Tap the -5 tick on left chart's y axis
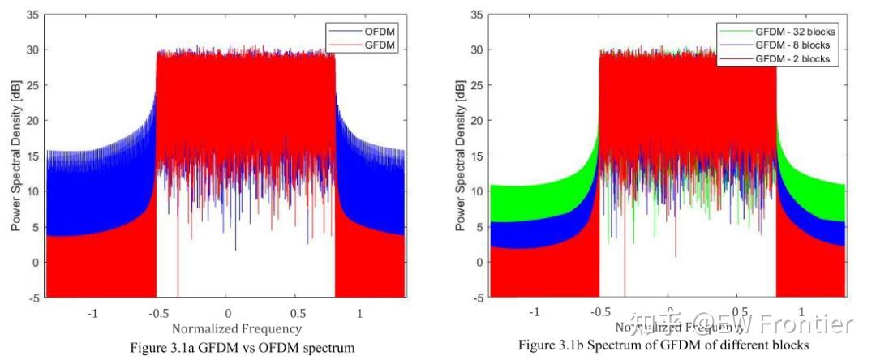[x=34, y=298]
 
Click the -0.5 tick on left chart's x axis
[x=156, y=312]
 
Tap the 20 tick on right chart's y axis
[x=477, y=121]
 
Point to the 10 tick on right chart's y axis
[x=477, y=191]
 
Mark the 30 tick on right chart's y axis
[x=477, y=50]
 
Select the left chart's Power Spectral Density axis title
[x=16, y=156]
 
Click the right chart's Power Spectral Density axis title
[x=460, y=156]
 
